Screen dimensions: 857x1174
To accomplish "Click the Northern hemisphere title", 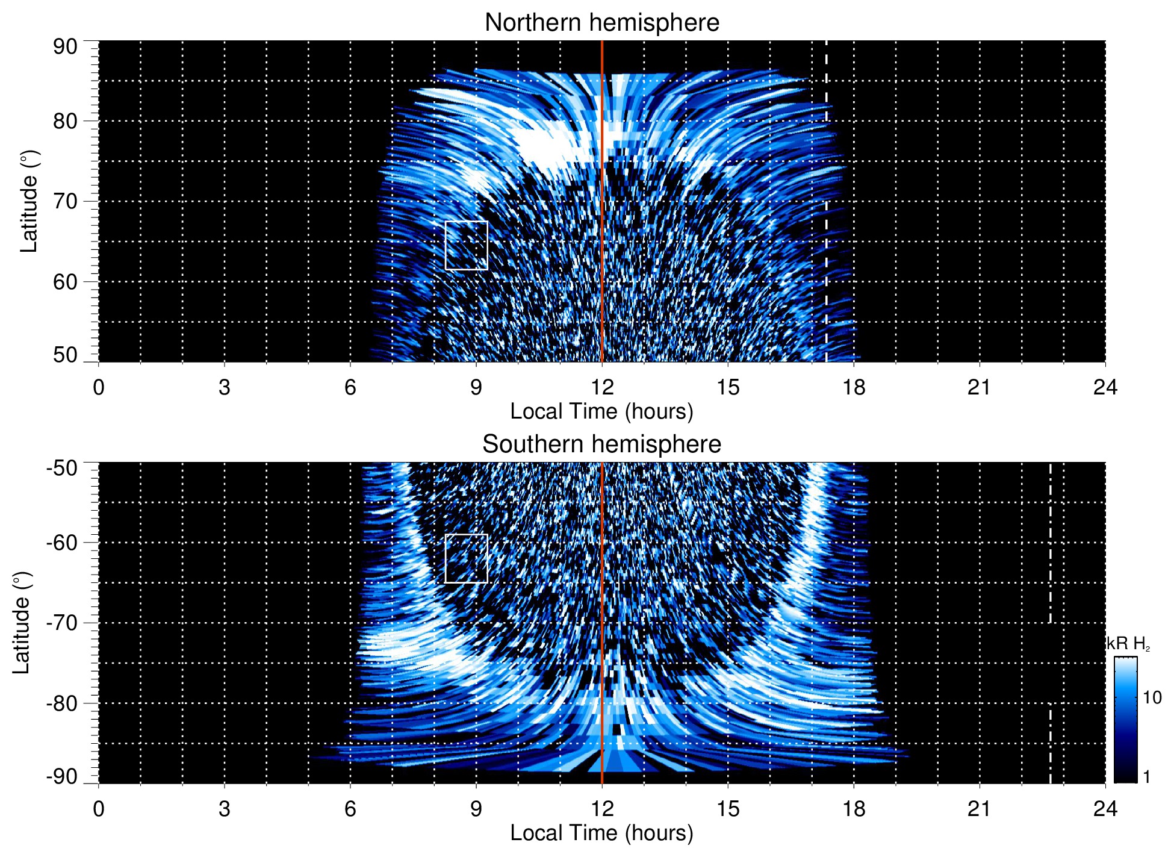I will [601, 23].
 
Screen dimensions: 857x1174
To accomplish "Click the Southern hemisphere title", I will [601, 444].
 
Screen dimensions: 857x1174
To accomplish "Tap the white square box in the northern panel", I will [466, 245].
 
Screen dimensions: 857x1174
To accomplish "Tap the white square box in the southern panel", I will [466, 558].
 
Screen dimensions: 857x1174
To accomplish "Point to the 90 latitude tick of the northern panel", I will [65, 47].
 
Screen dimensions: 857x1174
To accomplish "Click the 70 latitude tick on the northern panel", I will [65, 201].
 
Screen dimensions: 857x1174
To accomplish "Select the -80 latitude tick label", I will [62, 703].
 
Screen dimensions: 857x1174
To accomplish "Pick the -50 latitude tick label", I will [62, 468].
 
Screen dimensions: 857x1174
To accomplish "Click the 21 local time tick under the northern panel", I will [979, 387].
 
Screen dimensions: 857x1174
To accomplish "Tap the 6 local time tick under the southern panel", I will [350, 809].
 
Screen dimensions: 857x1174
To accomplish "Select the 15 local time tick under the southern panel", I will [728, 809].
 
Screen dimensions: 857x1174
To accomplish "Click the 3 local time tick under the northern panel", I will [225, 387].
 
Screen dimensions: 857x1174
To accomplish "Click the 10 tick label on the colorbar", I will [1152, 697].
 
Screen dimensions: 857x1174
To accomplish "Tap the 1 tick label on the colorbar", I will [1146, 777].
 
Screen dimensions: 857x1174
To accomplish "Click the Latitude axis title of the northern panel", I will [28, 201].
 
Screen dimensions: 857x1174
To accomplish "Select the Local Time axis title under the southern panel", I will [601, 833].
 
